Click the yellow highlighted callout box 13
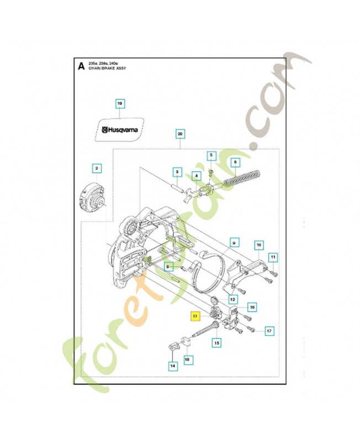tap(195, 317)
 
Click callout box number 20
tap(179, 134)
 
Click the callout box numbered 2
tap(97, 168)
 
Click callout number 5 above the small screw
tap(210, 156)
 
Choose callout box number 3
tap(176, 172)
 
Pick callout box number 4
tap(195, 176)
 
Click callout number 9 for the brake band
tap(234, 242)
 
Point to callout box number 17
tap(269, 331)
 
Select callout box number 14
tap(173, 365)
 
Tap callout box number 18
tap(188, 359)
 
